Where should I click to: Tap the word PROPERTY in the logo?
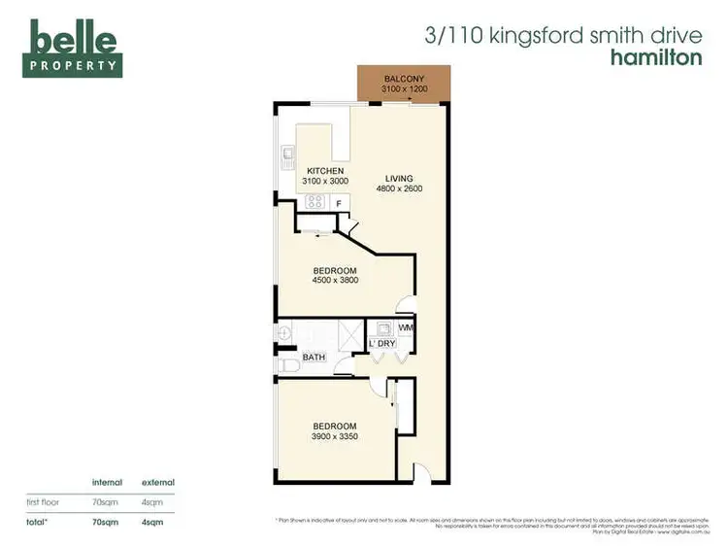[x=75, y=67]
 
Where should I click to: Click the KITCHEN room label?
[x=325, y=171]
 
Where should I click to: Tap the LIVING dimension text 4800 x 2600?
[x=399, y=188]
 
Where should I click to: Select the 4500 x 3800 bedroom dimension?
[x=334, y=281]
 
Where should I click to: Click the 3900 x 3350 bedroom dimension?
[x=334, y=436]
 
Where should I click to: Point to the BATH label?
[x=314, y=358]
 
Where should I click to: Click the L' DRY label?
[x=381, y=344]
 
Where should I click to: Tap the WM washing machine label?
[x=406, y=329]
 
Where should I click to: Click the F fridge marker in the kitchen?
[x=338, y=203]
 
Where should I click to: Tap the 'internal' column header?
[x=106, y=483]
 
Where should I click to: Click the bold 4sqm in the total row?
[x=152, y=522]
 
